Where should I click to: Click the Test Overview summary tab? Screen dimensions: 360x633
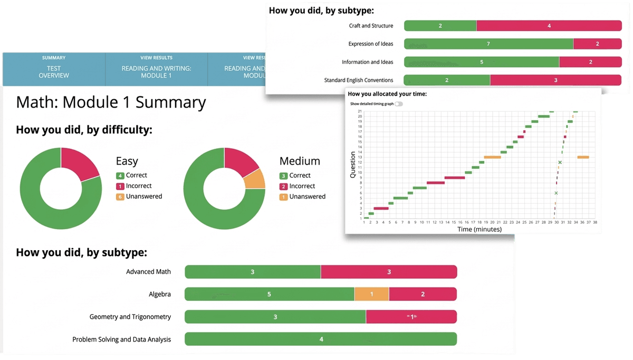54,69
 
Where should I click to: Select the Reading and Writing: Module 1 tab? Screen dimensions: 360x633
156,69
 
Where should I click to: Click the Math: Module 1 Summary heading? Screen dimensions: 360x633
111,102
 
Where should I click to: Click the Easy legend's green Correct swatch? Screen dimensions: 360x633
120,175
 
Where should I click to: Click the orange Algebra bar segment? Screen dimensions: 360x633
371,294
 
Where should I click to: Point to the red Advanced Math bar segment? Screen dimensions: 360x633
389,272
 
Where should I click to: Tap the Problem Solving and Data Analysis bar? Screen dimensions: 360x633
321,339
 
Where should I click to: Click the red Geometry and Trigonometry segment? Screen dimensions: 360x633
411,317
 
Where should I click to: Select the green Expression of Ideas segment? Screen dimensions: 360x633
488,44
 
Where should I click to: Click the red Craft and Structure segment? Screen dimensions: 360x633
549,25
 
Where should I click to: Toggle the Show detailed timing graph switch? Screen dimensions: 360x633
398,104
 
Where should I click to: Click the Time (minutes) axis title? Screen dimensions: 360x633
479,229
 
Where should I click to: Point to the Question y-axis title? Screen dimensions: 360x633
353,165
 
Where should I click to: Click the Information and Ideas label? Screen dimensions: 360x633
367,62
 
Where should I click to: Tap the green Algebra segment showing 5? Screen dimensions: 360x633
269,294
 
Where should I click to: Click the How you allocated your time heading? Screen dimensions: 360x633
387,94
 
